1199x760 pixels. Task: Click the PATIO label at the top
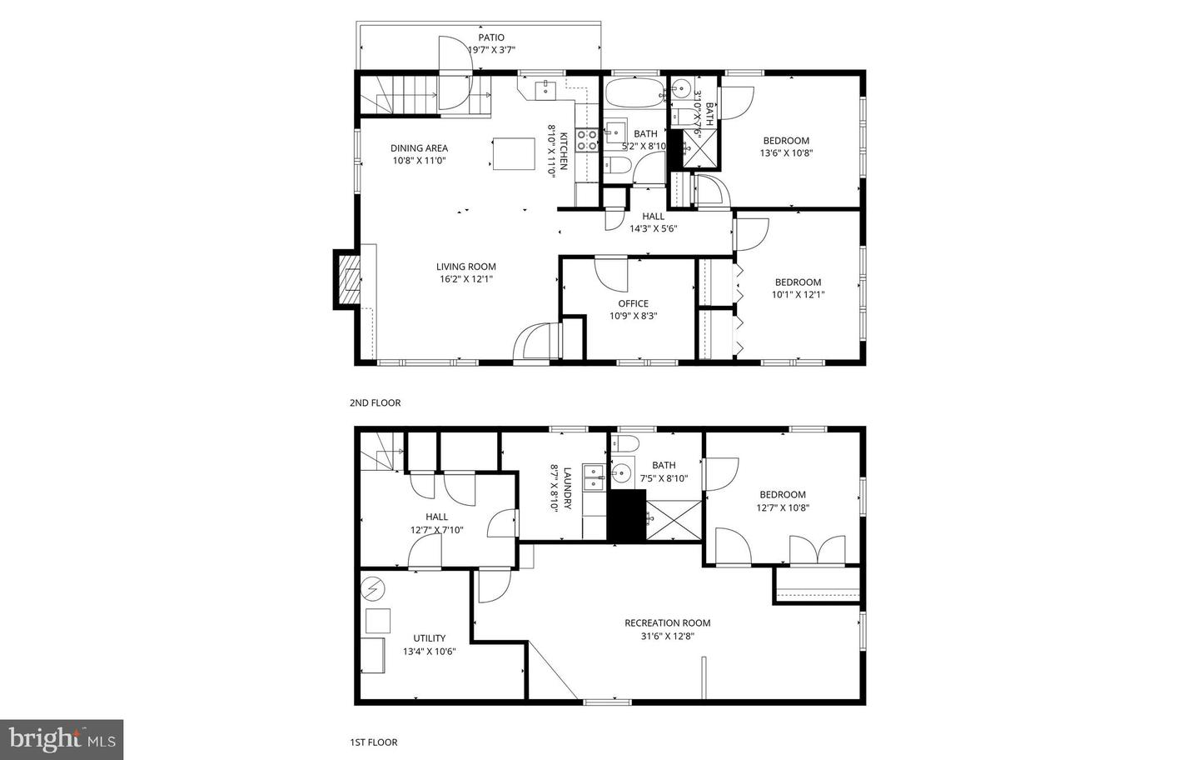(x=491, y=37)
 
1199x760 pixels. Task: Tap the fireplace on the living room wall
(x=348, y=278)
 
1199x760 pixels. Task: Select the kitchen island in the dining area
(x=514, y=154)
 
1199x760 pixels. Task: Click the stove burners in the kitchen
(x=587, y=140)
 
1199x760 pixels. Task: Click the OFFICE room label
(x=633, y=303)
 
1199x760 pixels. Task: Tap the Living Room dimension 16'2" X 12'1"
(x=466, y=279)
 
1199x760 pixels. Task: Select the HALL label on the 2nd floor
(x=653, y=217)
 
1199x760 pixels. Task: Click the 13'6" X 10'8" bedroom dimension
(x=785, y=153)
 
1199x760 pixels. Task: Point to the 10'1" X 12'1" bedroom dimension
(x=798, y=294)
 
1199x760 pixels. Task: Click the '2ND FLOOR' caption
(x=375, y=403)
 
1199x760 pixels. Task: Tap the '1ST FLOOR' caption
(x=373, y=742)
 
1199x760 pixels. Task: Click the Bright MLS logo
(x=62, y=739)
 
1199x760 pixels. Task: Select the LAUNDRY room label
(x=567, y=488)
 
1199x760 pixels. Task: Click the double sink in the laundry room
(x=593, y=477)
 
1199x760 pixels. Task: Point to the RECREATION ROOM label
(x=667, y=622)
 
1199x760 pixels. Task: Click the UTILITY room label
(x=430, y=638)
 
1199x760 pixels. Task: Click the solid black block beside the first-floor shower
(x=626, y=516)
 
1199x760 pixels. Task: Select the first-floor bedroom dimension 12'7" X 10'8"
(x=783, y=507)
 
